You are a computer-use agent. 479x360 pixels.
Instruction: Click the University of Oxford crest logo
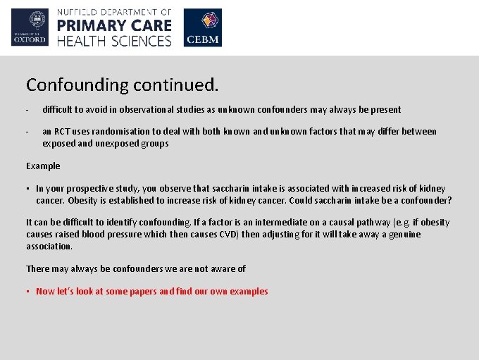[30, 27]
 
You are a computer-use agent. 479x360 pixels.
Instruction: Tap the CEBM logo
[202, 28]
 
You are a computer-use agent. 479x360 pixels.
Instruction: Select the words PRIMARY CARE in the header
[114, 26]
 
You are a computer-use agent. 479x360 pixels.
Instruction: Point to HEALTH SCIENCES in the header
[114, 41]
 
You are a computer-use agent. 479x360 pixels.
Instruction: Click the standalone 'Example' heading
[43, 166]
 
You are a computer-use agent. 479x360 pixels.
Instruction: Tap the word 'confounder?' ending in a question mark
[427, 201]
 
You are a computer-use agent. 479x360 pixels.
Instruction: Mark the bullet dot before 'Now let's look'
[29, 292]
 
